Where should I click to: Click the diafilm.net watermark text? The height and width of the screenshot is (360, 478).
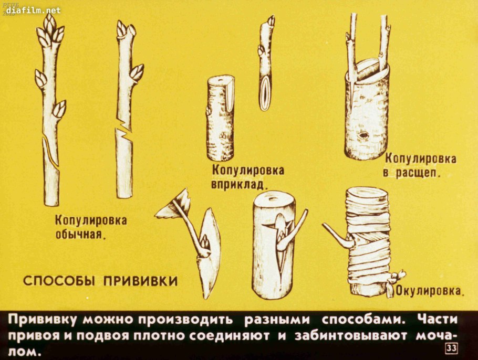coord(34,10)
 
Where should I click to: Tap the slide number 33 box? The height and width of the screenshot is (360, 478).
coord(451,348)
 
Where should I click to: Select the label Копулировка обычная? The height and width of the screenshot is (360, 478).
coord(91,227)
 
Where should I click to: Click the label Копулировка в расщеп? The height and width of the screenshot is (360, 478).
coord(420,165)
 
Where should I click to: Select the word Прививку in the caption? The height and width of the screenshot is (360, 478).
coord(45,320)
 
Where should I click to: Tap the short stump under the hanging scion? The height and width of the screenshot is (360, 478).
coord(221,118)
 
